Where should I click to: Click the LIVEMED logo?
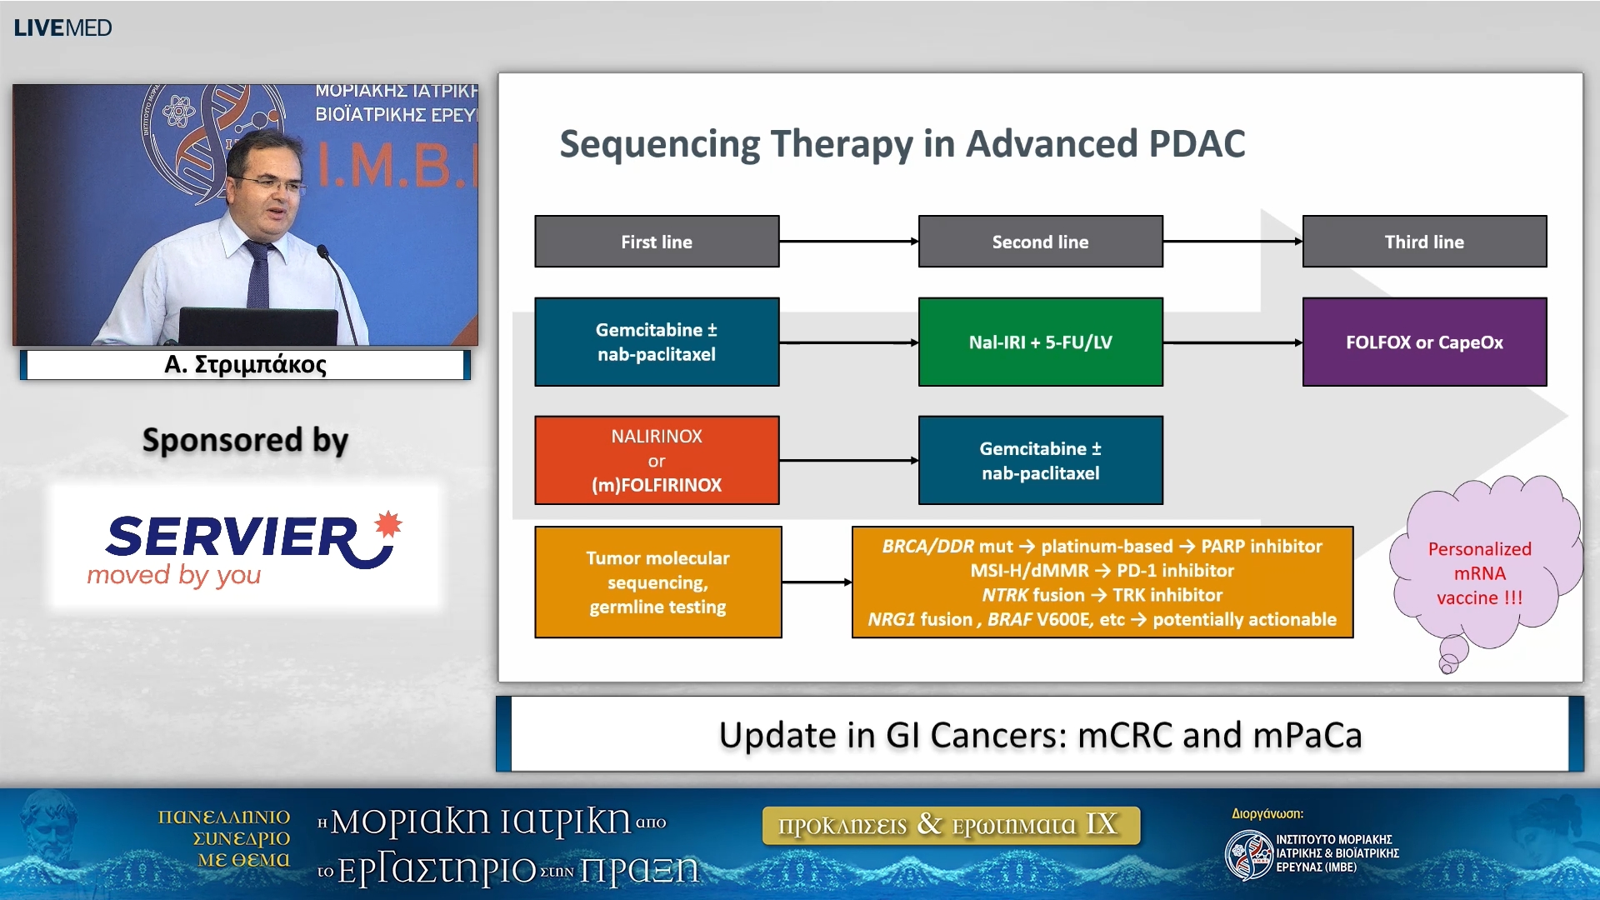62,27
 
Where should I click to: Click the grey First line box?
657,242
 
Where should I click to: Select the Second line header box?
1040,242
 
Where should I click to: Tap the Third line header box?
1424,242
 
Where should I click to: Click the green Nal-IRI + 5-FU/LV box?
1040,342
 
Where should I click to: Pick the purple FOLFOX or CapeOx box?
1424,342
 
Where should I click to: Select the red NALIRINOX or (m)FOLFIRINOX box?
657,460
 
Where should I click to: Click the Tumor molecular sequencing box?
657,582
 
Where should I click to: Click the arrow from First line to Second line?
848,242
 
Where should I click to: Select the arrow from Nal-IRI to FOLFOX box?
1232,342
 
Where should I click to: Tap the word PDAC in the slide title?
1197,143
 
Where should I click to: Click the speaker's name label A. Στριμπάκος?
245,364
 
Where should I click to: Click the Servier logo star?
387,524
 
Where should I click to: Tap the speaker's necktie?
258,275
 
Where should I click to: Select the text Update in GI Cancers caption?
1040,735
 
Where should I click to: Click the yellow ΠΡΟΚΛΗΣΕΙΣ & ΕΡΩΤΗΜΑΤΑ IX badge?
950,825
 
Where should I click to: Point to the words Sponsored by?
245,440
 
